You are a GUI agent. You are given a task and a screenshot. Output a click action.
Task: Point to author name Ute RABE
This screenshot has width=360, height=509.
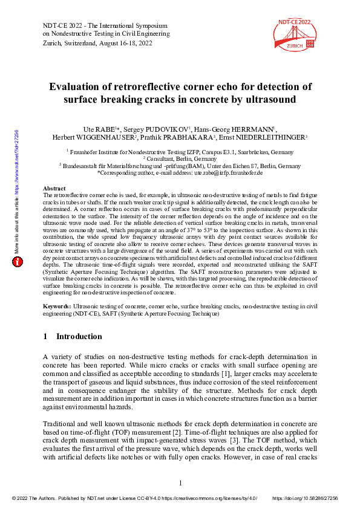click(x=98, y=129)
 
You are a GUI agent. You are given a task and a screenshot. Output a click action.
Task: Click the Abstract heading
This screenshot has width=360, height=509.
click(x=56, y=189)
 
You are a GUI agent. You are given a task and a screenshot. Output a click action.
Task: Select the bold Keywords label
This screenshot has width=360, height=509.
click(x=58, y=308)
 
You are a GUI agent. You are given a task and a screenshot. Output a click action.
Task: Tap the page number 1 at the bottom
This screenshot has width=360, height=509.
click(x=180, y=482)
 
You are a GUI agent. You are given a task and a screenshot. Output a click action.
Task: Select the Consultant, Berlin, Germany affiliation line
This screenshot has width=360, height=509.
click(x=180, y=159)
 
